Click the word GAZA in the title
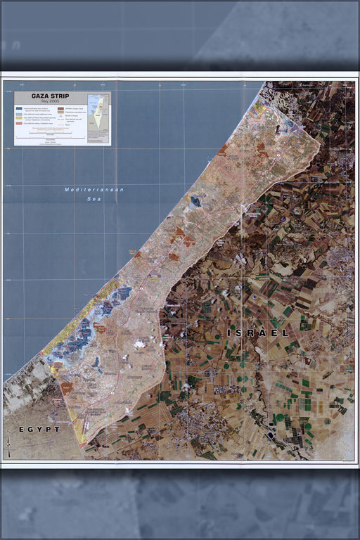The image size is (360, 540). [x=39, y=96]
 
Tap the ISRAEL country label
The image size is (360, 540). [x=258, y=333]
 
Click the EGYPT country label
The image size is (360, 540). [x=39, y=428]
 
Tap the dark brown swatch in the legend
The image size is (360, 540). [x=61, y=108]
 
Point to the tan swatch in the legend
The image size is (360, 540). [x=61, y=112]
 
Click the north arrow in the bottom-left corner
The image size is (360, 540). [x=8, y=444]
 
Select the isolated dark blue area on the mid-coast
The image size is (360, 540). [x=195, y=202]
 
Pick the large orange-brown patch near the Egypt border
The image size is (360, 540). [x=67, y=387]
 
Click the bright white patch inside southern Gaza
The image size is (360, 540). [x=140, y=344]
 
